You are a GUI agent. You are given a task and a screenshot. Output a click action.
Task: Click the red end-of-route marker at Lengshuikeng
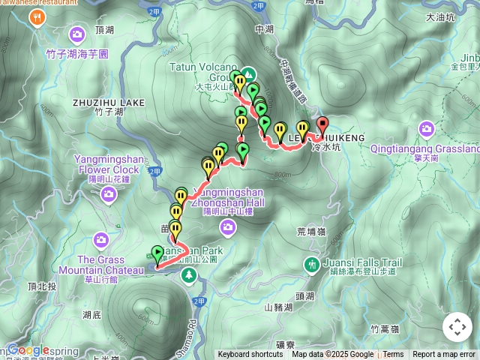(322, 124)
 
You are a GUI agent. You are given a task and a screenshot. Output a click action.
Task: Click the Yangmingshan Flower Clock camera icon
(109, 195)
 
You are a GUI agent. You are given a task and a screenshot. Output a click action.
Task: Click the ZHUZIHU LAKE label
(109, 102)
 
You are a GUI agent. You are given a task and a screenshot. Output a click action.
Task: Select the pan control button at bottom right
(457, 327)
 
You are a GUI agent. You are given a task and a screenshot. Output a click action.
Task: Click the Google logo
(28, 349)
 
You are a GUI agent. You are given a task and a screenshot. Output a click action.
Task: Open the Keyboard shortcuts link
(250, 355)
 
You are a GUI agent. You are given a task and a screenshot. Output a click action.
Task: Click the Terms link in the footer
(393, 355)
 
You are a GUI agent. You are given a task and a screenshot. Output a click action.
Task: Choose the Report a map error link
(444, 355)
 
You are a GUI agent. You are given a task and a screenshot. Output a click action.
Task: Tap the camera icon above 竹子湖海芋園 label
(77, 34)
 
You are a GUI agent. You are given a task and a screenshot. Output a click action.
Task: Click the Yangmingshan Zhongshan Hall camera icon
(228, 227)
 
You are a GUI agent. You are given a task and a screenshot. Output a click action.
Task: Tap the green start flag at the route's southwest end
(157, 253)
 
